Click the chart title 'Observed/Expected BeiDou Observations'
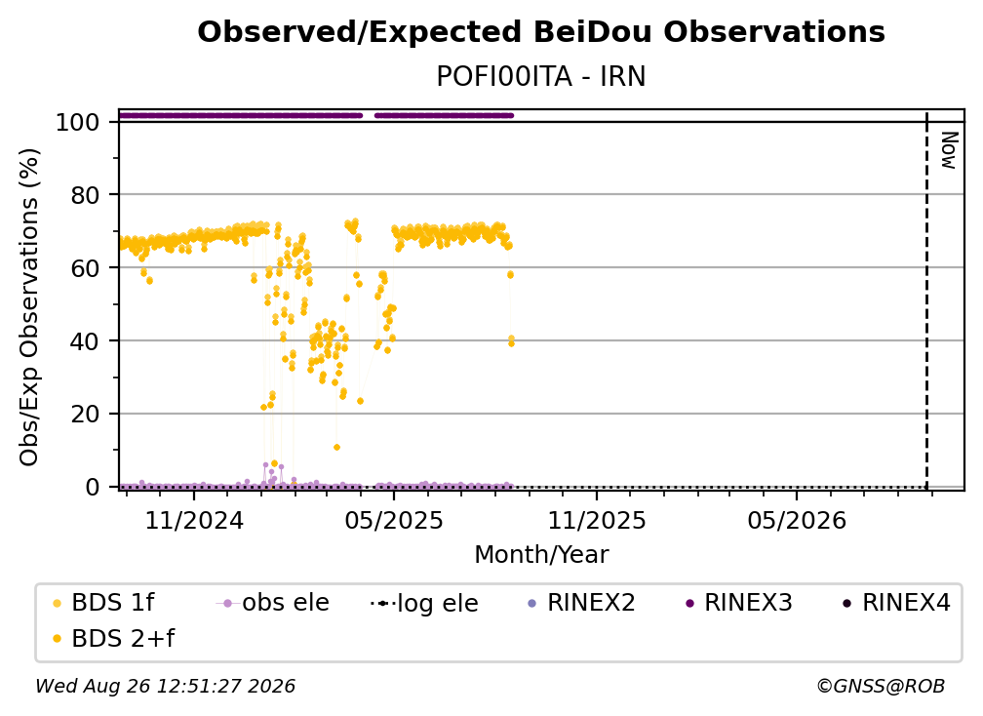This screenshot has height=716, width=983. [x=541, y=32]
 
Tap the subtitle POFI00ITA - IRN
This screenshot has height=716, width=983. [x=541, y=76]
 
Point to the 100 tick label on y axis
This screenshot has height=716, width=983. [x=78, y=122]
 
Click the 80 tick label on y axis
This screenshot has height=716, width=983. [x=85, y=195]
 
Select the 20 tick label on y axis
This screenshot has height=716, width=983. [x=85, y=414]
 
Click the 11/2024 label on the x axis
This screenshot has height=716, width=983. [x=194, y=520]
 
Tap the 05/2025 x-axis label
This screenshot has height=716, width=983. [x=394, y=520]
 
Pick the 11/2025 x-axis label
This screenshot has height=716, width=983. [x=597, y=520]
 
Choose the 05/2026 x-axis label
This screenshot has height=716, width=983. [x=797, y=520]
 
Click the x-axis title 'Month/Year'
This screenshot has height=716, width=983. [x=541, y=555]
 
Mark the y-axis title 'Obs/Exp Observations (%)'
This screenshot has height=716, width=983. [x=29, y=306]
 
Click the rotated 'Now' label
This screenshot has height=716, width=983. [x=949, y=150]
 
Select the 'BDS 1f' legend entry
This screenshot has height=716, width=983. [x=103, y=603]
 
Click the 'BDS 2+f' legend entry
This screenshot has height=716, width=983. [x=113, y=639]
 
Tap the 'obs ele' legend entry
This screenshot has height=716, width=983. [x=273, y=603]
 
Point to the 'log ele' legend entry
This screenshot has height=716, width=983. [x=424, y=603]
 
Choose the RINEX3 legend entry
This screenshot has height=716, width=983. [x=739, y=603]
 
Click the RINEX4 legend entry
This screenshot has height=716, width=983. [x=896, y=603]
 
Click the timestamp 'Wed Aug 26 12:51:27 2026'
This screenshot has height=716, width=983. [x=165, y=687]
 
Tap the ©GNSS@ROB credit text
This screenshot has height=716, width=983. [x=881, y=687]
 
